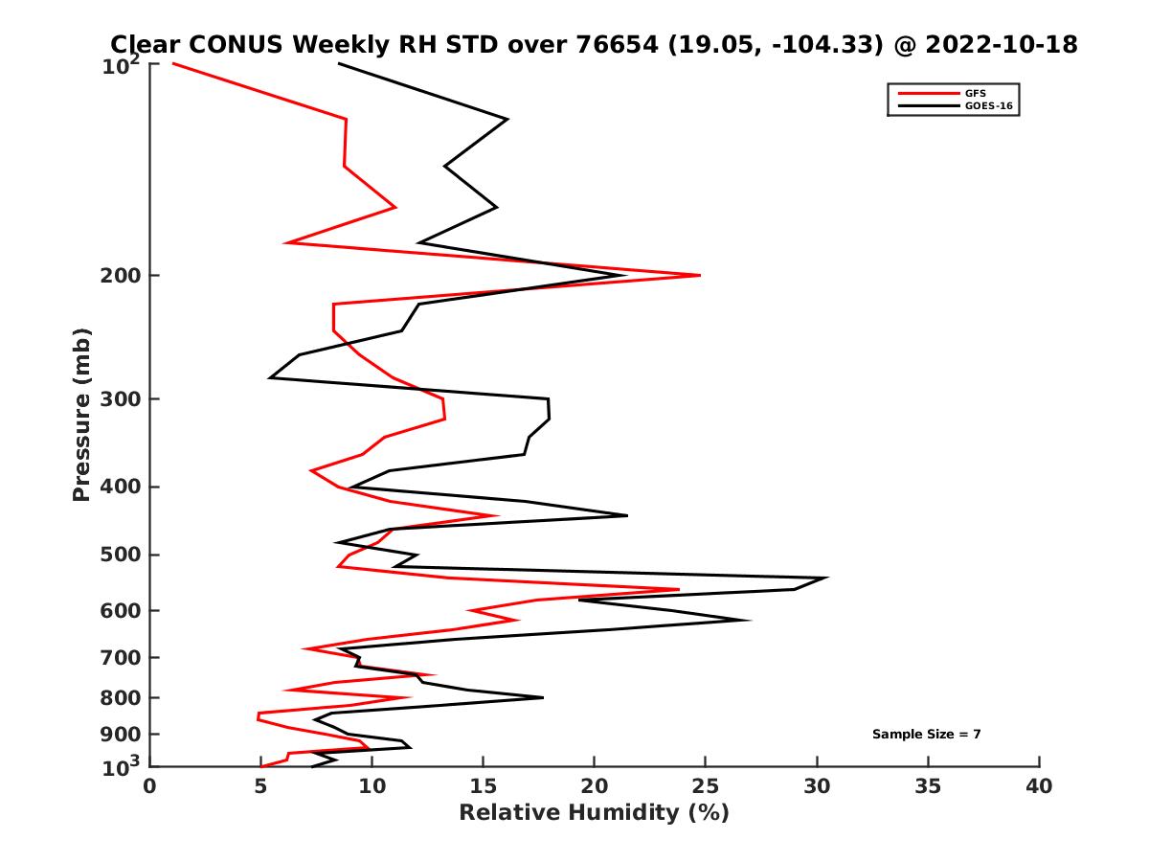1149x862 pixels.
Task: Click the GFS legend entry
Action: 977,93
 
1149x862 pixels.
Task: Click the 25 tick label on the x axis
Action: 706,786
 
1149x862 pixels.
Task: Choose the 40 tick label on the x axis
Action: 1039,786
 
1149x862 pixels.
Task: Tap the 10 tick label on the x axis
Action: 372,786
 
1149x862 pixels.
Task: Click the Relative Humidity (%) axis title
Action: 594,813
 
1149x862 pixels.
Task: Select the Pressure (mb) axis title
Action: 81,414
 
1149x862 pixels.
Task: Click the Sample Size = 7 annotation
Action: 926,735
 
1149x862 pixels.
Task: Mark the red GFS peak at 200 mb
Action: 700,275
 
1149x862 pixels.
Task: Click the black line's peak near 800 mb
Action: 543,697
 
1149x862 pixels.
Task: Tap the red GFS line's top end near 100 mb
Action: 172,63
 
